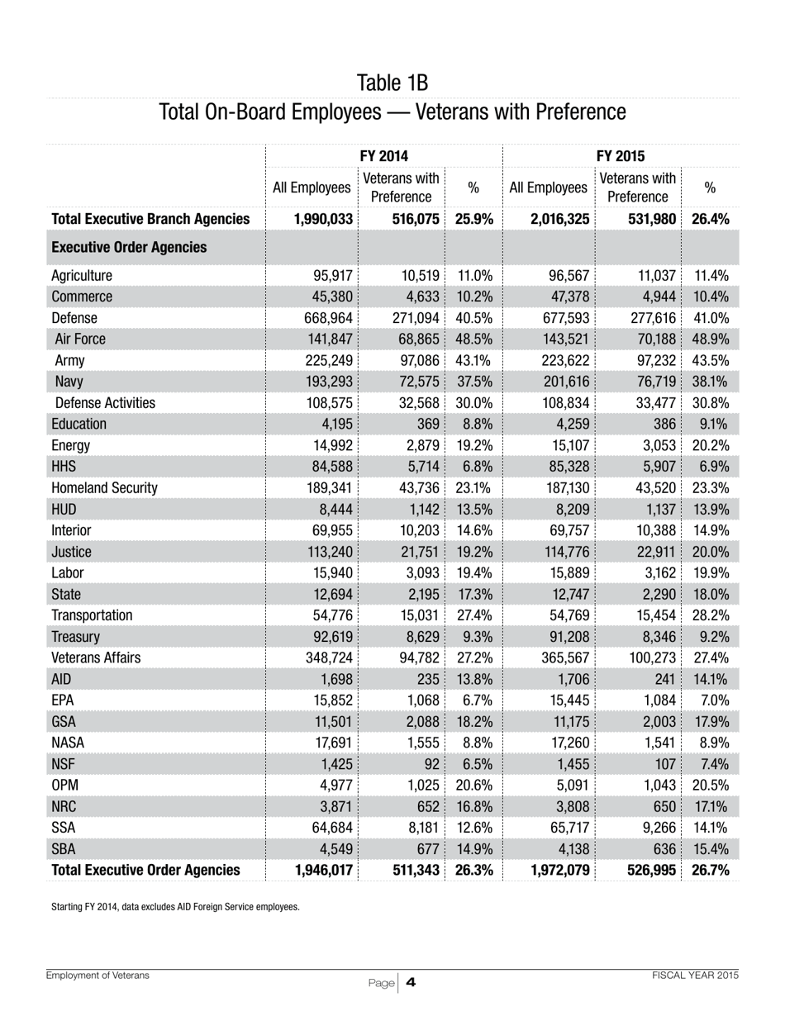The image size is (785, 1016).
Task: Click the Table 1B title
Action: (392, 83)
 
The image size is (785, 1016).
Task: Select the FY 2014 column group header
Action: (384, 155)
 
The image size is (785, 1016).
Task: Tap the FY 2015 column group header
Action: (621, 155)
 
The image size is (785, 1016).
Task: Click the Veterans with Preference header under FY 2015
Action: (637, 188)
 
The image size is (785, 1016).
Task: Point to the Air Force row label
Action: (80, 339)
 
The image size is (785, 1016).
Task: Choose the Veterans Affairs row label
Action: (96, 658)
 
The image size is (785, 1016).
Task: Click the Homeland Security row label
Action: (104, 487)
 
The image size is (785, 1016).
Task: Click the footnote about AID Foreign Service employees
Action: (175, 907)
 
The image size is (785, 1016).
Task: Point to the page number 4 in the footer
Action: (410, 982)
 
